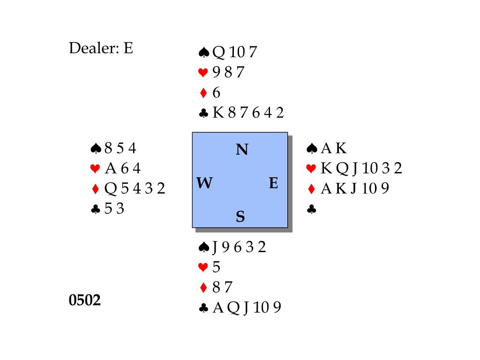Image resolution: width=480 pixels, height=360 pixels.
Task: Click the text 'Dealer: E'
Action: tap(101, 48)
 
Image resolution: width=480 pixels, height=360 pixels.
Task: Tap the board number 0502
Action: tap(85, 300)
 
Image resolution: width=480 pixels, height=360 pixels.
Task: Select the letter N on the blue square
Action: tap(241, 150)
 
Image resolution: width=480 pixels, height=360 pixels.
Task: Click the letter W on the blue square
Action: tap(204, 183)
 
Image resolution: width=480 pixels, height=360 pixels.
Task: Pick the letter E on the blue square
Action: tap(274, 183)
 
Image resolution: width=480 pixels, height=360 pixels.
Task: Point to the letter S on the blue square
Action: tap(240, 217)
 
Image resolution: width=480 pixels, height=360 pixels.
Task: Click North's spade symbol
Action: tap(203, 52)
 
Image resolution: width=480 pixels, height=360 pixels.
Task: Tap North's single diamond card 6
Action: tap(216, 93)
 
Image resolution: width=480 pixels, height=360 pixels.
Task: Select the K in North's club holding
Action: tap(217, 113)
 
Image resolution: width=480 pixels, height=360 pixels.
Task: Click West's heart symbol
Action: tap(95, 169)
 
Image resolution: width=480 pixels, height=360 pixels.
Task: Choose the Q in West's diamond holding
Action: tap(110, 188)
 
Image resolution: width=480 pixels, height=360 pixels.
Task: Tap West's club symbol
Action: tap(95, 209)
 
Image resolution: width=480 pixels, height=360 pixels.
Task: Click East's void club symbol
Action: tap(311, 210)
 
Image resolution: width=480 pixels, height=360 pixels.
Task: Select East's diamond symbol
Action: tap(312, 189)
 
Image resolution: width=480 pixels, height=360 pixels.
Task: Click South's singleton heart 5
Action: tap(216, 267)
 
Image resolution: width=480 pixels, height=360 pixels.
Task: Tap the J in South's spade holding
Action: tap(215, 247)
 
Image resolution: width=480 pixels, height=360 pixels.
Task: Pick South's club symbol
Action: tap(203, 308)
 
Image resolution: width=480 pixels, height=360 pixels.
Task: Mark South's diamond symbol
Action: tap(203, 287)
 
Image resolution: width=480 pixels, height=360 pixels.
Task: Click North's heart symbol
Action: tap(203, 73)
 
